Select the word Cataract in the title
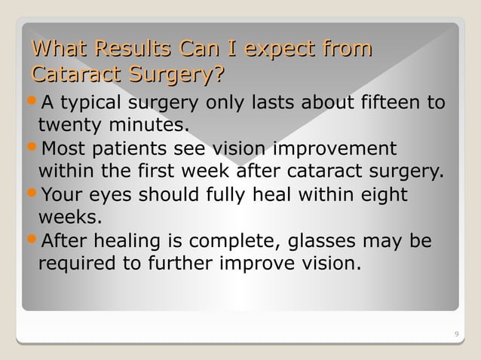(74, 76)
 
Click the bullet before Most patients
(32, 148)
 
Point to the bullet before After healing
(32, 242)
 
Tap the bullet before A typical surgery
(32, 102)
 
